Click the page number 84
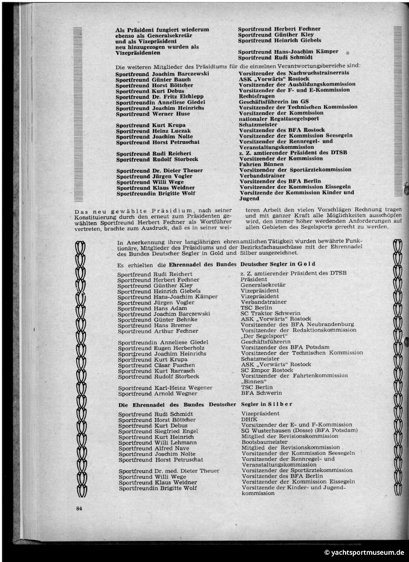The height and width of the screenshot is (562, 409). point(79,508)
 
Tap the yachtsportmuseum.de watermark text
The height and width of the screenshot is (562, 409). point(365,553)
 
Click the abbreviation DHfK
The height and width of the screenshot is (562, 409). point(250,419)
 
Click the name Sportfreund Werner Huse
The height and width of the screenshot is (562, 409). point(152,113)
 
